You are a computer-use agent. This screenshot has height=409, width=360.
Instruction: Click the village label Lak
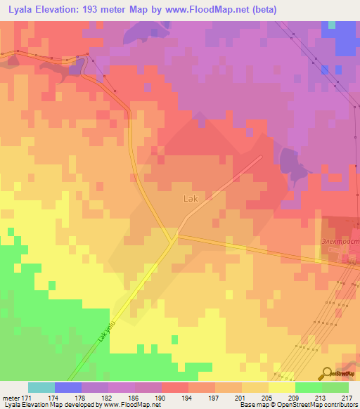191,199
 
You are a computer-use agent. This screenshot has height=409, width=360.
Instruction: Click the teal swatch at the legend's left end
41,387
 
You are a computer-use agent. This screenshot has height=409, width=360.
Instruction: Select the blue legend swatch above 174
68,387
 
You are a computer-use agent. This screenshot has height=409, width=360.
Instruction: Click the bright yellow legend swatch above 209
281,387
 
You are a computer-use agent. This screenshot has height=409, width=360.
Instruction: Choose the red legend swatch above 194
174,387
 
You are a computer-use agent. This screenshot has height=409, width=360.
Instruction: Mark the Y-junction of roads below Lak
173,240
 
